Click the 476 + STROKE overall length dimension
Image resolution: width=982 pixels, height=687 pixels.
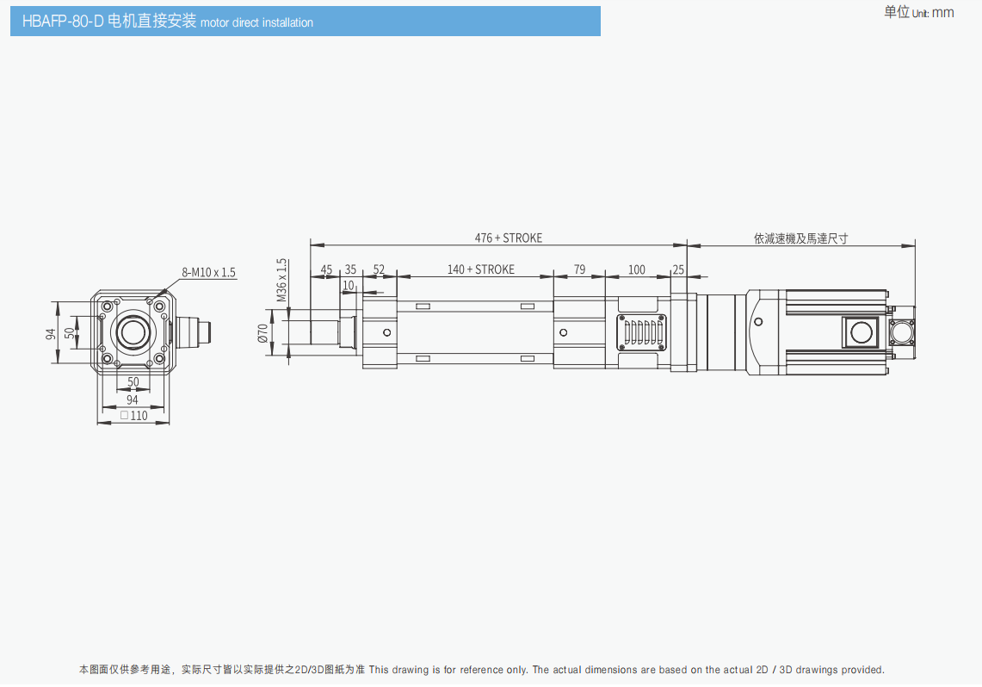coord(509,238)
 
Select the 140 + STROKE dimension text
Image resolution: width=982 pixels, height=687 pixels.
coord(480,269)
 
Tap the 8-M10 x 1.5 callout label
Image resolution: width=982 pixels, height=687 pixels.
coord(208,272)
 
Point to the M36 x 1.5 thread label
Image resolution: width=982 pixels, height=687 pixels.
coord(281,280)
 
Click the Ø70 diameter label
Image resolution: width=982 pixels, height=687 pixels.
coord(263,332)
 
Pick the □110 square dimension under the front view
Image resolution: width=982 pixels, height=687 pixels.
coord(133,415)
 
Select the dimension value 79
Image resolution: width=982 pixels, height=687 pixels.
coord(579,269)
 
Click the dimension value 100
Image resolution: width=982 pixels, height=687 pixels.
coord(636,269)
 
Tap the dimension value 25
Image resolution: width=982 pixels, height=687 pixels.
coord(678,269)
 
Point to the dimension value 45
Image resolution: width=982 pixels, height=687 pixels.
coord(326,269)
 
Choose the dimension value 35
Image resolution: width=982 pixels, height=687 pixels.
coord(350,269)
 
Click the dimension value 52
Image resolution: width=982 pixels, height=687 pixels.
coord(379,269)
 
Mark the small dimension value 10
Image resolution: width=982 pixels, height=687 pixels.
coord(349,285)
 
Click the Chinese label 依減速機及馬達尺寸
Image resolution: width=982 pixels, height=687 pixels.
coord(800,238)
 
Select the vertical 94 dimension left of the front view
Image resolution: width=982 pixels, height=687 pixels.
coord(51,332)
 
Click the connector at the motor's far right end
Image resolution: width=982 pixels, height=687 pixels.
coord(903,332)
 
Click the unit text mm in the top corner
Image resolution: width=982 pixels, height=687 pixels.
coord(943,13)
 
